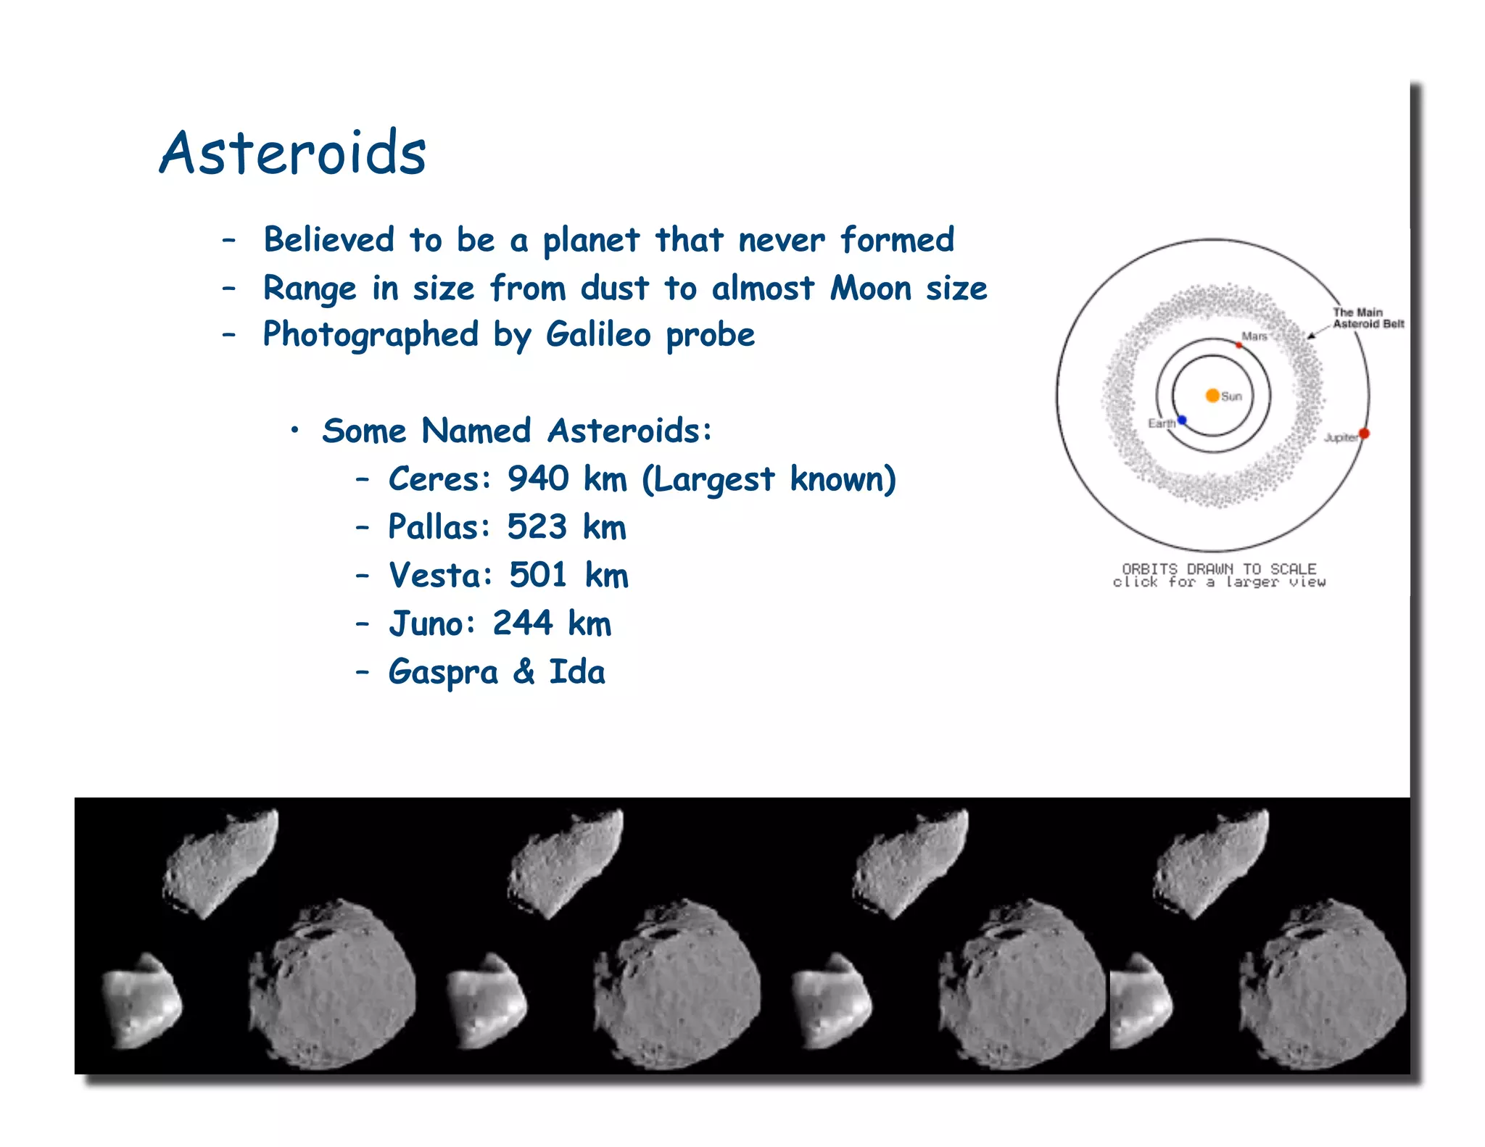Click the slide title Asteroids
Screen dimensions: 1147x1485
(x=293, y=153)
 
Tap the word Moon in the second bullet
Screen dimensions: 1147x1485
(x=870, y=288)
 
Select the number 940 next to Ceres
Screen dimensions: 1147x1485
(x=538, y=479)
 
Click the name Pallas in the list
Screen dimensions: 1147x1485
(x=439, y=527)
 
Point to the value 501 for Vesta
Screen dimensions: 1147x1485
(x=538, y=575)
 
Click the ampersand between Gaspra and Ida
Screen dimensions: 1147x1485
(x=524, y=671)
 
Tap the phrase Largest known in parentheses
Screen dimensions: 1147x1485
(x=769, y=479)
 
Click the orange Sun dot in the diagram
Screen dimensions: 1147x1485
(x=1212, y=395)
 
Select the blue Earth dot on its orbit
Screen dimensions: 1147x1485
(x=1182, y=420)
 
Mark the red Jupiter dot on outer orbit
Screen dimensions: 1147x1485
(x=1364, y=434)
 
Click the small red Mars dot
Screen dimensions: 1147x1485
(x=1239, y=345)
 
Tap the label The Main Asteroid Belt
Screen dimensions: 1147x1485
(x=1367, y=318)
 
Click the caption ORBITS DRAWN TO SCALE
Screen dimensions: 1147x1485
(x=1219, y=568)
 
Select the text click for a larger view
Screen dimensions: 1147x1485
(x=1219, y=582)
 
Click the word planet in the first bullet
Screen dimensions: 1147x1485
(x=591, y=240)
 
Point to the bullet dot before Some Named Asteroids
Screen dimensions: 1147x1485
(x=294, y=431)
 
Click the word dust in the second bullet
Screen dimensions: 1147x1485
(x=614, y=288)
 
